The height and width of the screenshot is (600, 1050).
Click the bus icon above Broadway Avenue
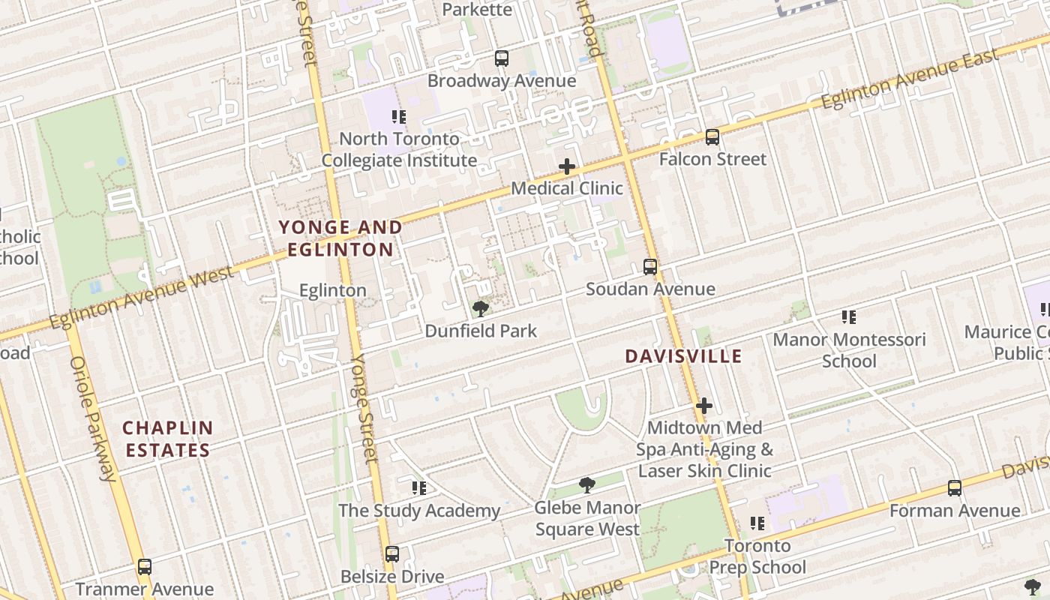point(502,58)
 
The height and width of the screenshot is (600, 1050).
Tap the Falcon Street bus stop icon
point(712,137)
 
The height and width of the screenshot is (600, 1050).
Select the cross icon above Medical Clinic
point(567,166)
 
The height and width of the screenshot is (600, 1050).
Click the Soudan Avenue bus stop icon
point(650,267)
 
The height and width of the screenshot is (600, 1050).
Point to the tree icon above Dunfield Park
point(480,308)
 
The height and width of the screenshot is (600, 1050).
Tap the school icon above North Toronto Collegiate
point(399,116)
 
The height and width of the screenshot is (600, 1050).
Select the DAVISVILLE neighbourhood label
point(683,356)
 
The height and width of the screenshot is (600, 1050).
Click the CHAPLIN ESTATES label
point(168,439)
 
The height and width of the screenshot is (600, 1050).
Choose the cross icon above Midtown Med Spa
point(703,406)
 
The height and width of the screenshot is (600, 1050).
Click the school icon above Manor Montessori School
point(849,317)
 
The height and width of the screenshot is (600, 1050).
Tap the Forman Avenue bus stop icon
point(955,488)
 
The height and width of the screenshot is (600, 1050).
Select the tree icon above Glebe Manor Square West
point(587,485)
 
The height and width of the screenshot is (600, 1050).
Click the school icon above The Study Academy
point(419,488)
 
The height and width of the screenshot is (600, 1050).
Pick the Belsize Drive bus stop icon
point(392,554)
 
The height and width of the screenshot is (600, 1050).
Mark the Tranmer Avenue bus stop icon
point(145,567)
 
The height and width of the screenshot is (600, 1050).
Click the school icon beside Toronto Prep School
point(757,523)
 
